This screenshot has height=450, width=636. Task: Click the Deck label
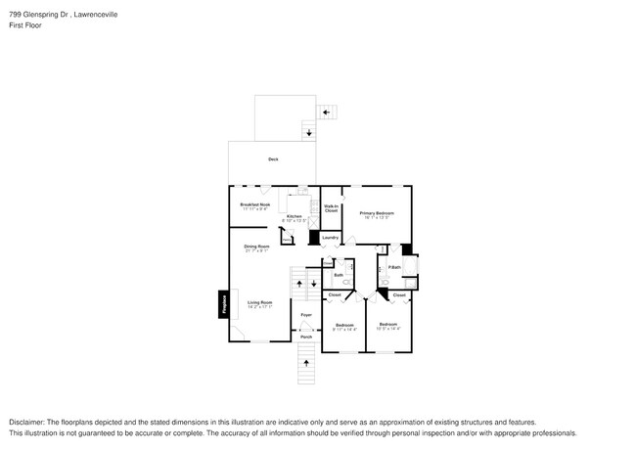pos(273,158)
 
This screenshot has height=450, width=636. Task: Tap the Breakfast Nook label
pos(254,204)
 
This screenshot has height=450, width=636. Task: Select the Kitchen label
pos(294,216)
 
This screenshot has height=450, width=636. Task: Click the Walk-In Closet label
pos(331,208)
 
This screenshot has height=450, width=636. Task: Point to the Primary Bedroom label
pos(377,213)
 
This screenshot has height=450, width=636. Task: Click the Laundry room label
pos(331,238)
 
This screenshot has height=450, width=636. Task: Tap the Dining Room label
pos(256,247)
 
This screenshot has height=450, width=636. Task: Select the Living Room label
pos(259,303)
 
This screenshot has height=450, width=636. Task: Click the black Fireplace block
pos(222,304)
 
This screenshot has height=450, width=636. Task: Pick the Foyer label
pos(306,314)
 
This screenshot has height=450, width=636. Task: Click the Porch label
pos(306,337)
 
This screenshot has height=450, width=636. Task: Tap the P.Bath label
pos(394,268)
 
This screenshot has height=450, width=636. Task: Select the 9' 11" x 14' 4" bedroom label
pos(344,326)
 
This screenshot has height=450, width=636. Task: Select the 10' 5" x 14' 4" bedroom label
pos(388,326)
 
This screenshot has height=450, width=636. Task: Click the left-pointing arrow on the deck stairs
pos(326,112)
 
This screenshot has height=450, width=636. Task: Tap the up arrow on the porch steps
pos(306,363)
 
